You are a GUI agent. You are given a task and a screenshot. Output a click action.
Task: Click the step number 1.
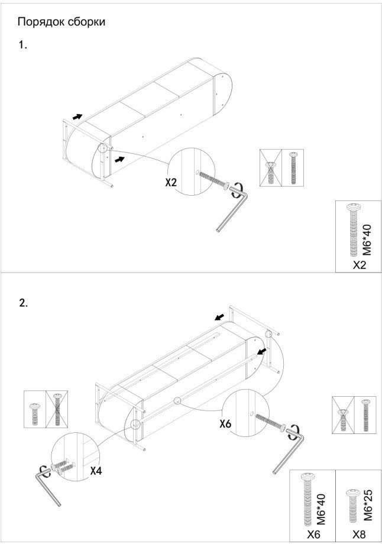click(x=22, y=45)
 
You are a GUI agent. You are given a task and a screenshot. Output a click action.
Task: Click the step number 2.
click(x=23, y=303)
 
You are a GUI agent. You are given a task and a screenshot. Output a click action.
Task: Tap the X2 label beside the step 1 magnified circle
click(x=171, y=182)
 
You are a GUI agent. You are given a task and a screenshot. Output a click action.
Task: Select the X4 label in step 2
click(x=96, y=471)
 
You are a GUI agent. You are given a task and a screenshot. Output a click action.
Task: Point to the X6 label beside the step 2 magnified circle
click(x=225, y=423)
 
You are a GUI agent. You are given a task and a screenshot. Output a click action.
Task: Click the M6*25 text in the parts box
click(x=368, y=505)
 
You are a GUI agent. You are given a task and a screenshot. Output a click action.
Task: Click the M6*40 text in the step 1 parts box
click(x=368, y=240)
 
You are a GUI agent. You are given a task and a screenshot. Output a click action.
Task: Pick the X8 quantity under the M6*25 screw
click(x=359, y=535)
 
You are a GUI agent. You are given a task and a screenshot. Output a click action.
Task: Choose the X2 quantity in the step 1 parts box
click(x=360, y=265)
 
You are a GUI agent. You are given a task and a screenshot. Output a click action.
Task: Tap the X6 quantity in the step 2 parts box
click(x=313, y=535)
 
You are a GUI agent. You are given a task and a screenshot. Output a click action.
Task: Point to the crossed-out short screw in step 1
click(x=270, y=171)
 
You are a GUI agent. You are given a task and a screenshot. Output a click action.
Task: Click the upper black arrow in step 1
click(x=77, y=116)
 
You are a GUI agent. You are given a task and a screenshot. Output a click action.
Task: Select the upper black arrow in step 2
click(x=219, y=317)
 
